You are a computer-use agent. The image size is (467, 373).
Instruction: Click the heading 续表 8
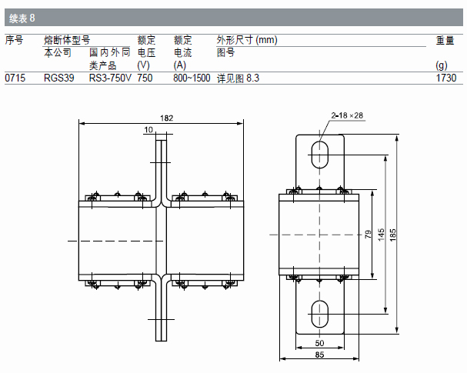22,17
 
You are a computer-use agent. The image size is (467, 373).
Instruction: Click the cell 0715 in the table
15,78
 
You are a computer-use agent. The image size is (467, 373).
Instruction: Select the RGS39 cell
58,78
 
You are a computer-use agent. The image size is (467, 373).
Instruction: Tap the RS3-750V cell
110,78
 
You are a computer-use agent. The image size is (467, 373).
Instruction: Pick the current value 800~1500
192,78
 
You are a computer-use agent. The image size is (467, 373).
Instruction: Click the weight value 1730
446,78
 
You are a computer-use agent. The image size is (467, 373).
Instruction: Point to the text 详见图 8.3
239,78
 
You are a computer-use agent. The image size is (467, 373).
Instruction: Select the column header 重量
445,41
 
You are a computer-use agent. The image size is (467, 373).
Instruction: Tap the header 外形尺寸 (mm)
246,40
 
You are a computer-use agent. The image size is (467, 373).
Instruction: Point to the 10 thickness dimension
148,131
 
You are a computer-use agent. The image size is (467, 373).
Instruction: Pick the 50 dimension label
319,343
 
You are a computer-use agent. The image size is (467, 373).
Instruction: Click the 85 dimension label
319,355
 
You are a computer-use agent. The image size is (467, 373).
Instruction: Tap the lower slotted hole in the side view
319,313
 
